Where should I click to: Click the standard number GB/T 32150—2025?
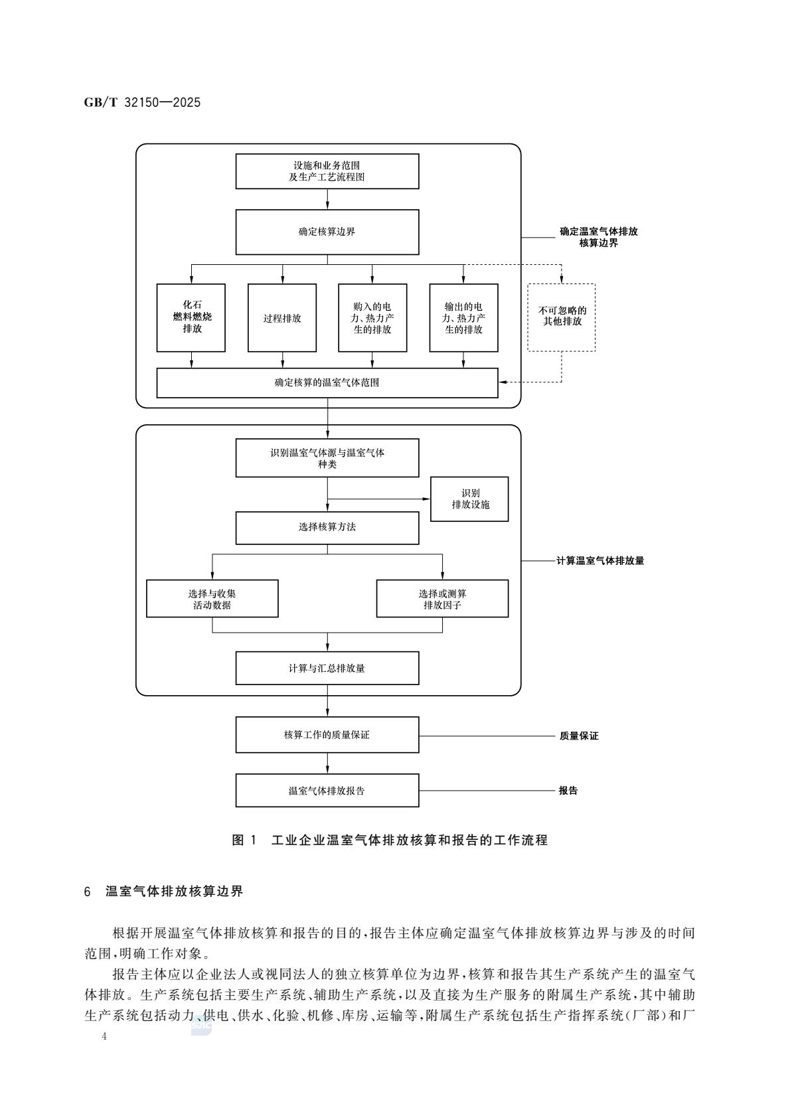[x=142, y=103]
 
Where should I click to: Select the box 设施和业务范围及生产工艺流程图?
[x=327, y=171]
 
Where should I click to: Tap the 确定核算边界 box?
[x=327, y=232]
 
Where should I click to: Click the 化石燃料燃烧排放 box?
[x=191, y=318]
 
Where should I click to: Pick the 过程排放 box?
[x=282, y=318]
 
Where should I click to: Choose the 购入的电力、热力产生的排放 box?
[x=372, y=318]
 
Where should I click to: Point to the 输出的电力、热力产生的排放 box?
[x=463, y=318]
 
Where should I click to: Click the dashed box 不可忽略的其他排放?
[x=562, y=318]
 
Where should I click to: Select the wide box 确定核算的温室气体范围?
[x=327, y=383]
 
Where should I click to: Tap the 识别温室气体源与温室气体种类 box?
[x=327, y=458]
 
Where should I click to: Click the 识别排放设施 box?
[x=470, y=499]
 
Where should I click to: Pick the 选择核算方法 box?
[x=327, y=527]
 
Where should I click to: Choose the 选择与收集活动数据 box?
[x=212, y=599]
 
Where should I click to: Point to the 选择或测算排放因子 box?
[x=442, y=599]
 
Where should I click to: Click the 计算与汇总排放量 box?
[x=327, y=669]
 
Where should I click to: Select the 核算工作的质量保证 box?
[x=327, y=735]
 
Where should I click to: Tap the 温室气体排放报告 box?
[x=327, y=791]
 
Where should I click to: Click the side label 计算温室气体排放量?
[x=600, y=561]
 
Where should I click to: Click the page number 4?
[x=104, y=1036]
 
